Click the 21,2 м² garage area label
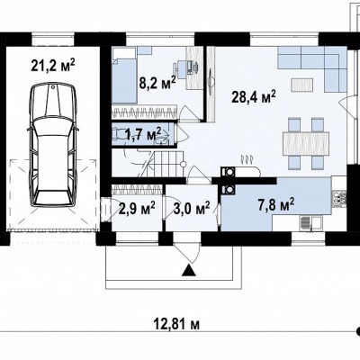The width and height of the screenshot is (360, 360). click(53, 66)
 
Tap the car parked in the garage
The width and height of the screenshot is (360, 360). click(53, 145)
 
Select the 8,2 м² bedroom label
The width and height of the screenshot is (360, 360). click(157, 83)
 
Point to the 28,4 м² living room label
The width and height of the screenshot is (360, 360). click(254, 96)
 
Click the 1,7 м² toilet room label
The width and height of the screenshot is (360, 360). click(143, 134)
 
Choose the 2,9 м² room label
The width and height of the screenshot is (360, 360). click(137, 208)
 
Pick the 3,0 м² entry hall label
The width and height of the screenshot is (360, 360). click(192, 208)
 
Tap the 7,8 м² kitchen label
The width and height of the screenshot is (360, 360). click(276, 204)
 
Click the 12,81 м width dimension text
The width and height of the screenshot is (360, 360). click(176, 324)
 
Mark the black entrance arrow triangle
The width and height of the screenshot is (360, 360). click(189, 270)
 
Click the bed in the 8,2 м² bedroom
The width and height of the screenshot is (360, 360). click(124, 76)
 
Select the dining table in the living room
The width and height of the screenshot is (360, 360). click(306, 143)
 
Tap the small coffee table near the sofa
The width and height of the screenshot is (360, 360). click(301, 85)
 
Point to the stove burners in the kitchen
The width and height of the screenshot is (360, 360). click(339, 199)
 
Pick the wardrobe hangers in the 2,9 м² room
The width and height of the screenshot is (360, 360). click(137, 190)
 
